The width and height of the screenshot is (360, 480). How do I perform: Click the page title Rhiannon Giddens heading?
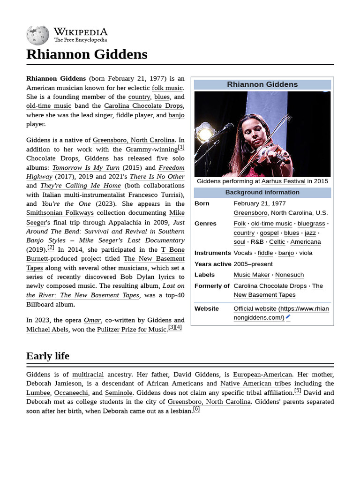click(x=87, y=54)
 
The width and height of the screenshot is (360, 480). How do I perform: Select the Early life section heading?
click(x=48, y=356)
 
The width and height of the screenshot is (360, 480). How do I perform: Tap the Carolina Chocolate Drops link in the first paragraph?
click(x=143, y=106)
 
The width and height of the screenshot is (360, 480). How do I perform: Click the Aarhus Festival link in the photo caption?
click(x=283, y=181)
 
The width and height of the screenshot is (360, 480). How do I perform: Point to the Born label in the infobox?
click(x=202, y=203)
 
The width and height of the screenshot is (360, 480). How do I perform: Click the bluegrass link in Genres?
click(x=311, y=224)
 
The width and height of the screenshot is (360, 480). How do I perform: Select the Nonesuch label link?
click(x=289, y=275)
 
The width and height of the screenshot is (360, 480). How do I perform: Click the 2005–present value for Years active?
click(x=253, y=264)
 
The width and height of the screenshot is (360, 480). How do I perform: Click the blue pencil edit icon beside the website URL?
click(x=288, y=317)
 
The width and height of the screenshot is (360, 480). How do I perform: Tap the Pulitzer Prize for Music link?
click(x=132, y=330)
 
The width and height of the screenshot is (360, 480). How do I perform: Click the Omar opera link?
click(x=92, y=320)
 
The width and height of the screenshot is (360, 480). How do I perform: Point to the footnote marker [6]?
click(x=196, y=409)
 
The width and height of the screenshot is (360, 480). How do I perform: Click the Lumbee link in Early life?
click(x=38, y=393)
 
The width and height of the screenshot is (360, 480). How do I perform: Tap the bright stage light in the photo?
click(x=205, y=133)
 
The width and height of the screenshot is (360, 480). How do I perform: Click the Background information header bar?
click(x=262, y=193)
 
